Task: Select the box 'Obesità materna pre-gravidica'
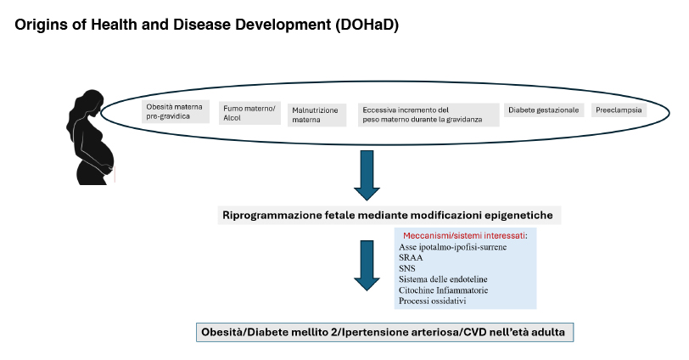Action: click(175, 111)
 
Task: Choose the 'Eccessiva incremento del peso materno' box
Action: click(428, 115)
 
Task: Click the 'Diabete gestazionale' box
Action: click(544, 110)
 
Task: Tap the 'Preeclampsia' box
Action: click(619, 110)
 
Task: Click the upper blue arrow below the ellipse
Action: click(367, 175)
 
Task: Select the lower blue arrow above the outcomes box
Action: click(367, 265)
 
